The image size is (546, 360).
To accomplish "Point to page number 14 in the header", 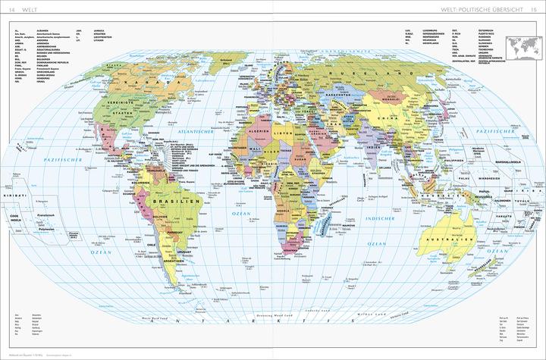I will tap(12, 8).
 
